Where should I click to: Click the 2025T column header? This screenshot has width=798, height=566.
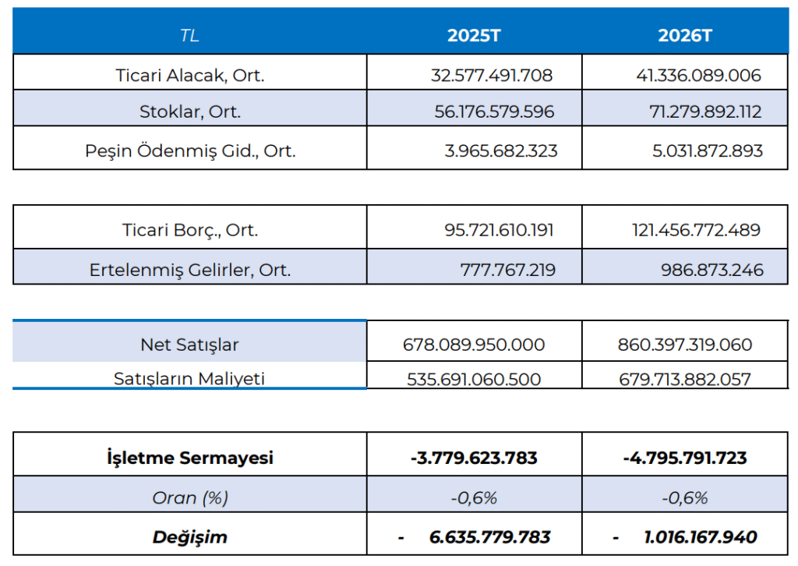coord(474,35)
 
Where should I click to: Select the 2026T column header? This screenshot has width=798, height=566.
coord(685,35)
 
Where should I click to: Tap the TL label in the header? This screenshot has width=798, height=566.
coord(189,35)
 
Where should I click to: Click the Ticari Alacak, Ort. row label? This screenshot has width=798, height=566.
coord(190,76)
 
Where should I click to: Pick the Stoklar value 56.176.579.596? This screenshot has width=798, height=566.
coord(494,111)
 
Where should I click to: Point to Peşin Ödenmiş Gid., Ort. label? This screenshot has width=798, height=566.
coord(190,150)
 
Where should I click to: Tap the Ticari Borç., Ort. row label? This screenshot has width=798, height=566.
coord(190,230)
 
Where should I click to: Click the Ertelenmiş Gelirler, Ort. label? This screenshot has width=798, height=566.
coord(190,270)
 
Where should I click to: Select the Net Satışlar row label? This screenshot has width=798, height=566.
coord(190,345)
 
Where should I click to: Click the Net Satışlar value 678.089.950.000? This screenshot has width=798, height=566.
coord(474,345)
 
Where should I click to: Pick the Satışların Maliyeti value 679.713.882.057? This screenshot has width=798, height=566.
coord(685,380)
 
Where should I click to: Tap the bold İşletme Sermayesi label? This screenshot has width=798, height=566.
coord(190,458)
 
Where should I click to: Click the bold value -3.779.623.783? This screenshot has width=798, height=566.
coord(474,458)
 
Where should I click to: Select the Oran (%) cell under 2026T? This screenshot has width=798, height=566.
coord(685,497)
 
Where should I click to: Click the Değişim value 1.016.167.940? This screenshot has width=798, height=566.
coord(701,537)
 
